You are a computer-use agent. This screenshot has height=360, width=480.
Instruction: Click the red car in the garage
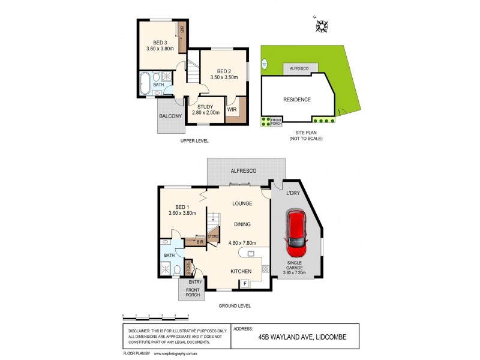click(297, 231)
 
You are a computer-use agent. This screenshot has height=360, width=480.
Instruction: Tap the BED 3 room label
click(159, 43)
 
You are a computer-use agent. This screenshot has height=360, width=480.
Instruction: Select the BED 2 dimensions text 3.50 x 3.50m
click(224, 77)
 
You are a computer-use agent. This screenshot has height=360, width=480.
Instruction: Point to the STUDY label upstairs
click(206, 106)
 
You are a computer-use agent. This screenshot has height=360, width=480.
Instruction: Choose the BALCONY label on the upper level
click(170, 116)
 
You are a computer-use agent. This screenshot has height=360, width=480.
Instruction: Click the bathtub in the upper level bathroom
click(145, 84)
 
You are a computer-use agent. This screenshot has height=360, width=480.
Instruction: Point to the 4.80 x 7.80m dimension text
click(243, 243)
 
